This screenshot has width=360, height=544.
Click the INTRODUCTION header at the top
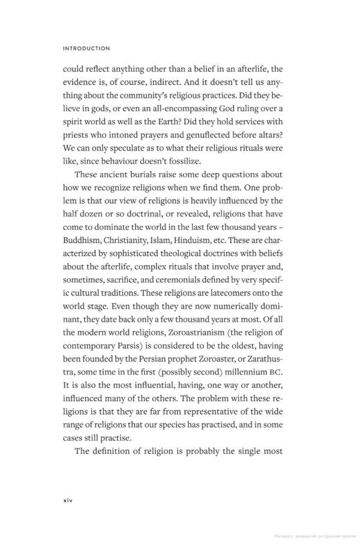coord(86,48)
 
